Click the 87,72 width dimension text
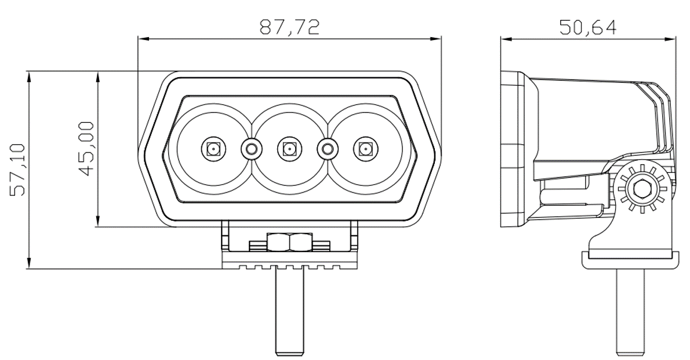click(289, 28)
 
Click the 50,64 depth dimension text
click(587, 27)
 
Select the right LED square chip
click(365, 149)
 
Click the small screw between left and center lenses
click(251, 149)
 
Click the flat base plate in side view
click(629, 259)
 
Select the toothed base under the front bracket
click(289, 265)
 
